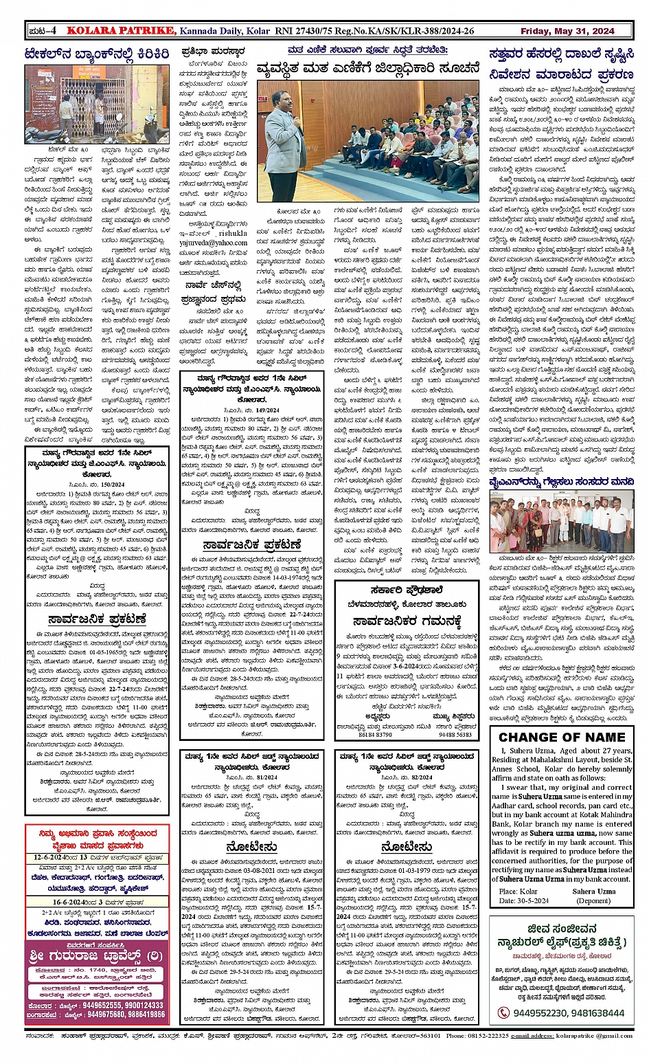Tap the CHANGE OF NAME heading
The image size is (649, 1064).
point(562,738)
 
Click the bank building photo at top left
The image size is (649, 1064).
point(96,103)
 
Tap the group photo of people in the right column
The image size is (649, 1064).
point(561,522)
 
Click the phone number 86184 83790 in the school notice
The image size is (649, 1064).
point(376,735)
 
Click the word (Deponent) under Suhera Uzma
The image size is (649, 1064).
point(593,900)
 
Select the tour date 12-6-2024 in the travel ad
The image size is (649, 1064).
point(54,858)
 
